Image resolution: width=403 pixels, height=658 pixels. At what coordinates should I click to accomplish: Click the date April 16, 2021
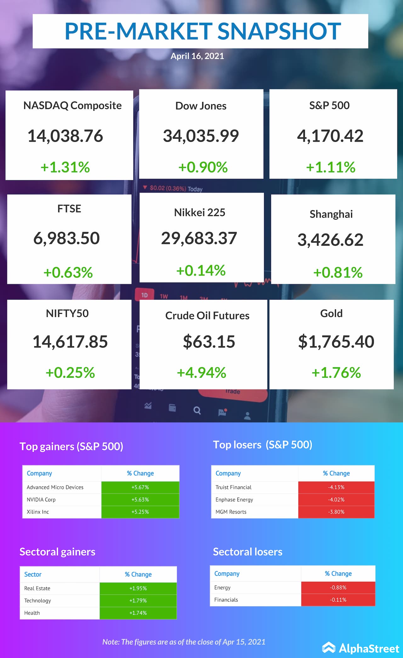197,56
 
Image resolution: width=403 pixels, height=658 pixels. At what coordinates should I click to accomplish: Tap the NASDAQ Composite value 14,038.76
65,136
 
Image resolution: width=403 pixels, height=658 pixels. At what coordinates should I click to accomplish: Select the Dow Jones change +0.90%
203,167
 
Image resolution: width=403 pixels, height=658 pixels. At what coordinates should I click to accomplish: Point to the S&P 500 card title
329,106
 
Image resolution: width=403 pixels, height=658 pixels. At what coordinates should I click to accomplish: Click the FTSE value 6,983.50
66,238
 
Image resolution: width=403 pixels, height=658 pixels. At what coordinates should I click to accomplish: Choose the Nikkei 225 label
200,213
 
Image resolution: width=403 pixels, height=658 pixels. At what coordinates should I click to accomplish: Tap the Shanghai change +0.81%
338,272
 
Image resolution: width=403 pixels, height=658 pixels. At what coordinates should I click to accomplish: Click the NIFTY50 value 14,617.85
70,342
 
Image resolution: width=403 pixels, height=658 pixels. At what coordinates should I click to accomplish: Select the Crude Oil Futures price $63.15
209,342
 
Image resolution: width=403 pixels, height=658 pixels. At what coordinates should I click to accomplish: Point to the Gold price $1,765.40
336,342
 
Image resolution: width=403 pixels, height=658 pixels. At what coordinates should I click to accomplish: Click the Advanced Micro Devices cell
55,487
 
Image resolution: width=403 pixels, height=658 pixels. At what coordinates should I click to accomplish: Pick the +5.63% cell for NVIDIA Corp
140,500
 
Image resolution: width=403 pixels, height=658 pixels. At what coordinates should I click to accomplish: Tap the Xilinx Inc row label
38,512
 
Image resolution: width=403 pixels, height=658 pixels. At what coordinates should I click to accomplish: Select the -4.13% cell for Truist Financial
336,487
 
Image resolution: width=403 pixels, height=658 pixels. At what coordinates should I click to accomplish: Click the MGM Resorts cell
231,512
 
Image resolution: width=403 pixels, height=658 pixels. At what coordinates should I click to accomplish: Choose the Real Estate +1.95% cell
138,588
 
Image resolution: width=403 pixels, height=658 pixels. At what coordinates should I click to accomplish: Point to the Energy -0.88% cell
338,587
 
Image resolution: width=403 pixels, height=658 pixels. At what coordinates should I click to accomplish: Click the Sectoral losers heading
247,552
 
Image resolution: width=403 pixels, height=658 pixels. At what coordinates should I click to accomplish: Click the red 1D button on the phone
145,295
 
